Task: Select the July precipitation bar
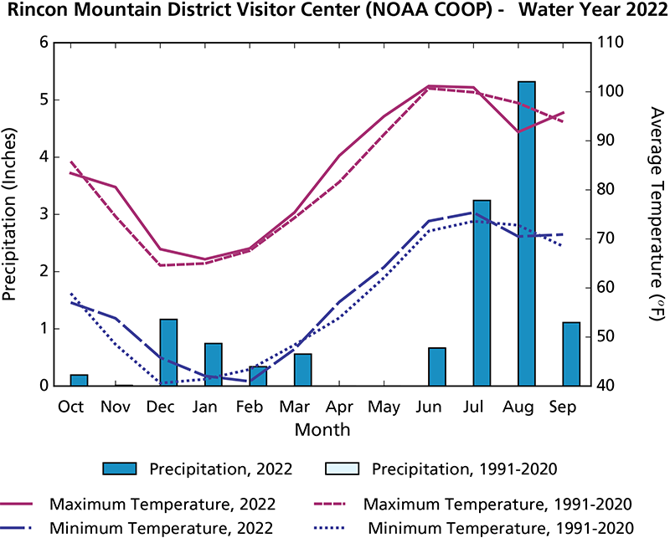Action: (x=482, y=293)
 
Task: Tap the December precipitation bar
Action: (x=168, y=352)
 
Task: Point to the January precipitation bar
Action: (x=214, y=365)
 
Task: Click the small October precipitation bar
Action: (x=79, y=380)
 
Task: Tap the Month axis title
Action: (x=322, y=429)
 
